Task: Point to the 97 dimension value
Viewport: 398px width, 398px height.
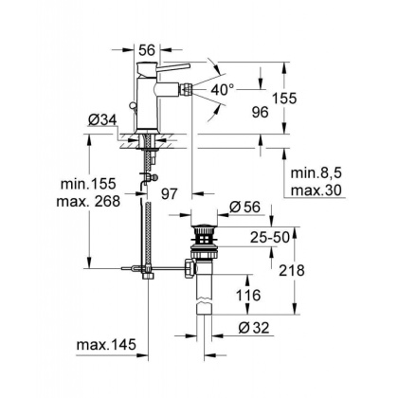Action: pos(172,193)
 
